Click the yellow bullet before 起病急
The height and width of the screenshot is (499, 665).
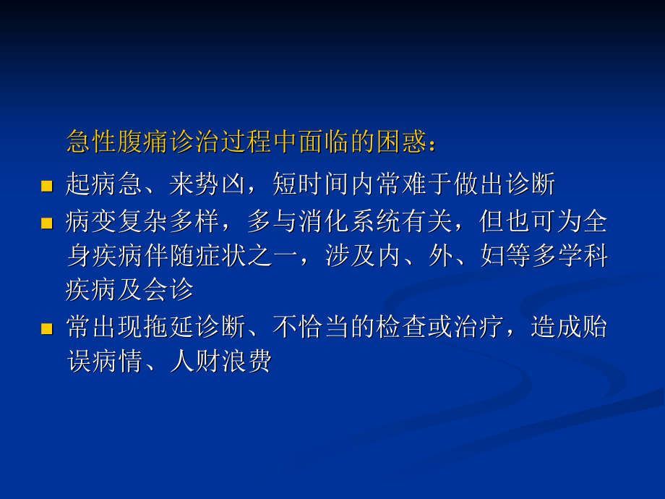pos(47,187)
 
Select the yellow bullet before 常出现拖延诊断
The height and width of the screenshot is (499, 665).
pos(47,329)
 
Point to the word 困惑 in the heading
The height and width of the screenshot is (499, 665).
pos(400,141)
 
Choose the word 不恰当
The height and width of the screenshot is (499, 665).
pos(311,327)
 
